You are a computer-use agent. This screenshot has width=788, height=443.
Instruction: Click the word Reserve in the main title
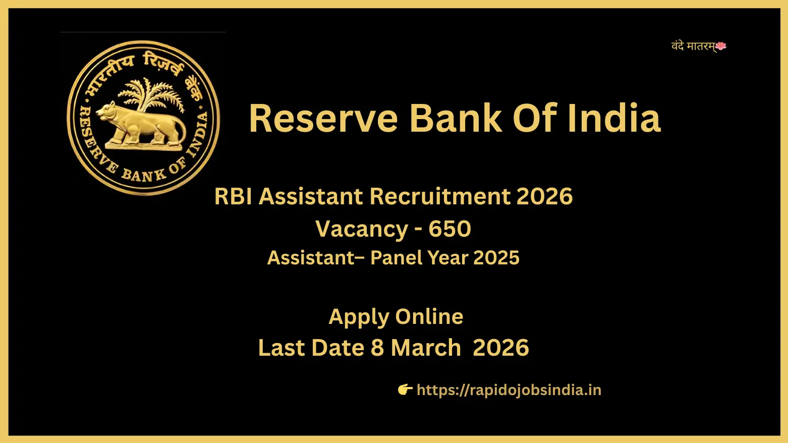tap(323, 119)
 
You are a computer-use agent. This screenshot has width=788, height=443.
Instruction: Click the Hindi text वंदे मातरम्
tap(693, 46)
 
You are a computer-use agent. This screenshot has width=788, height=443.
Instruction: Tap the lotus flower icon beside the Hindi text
tap(721, 46)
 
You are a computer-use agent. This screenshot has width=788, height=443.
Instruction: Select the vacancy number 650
tap(449, 229)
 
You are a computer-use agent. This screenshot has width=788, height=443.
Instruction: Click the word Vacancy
tap(361, 229)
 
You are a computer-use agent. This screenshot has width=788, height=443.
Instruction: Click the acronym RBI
tap(233, 196)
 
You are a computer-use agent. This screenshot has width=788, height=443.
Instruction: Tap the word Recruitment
tap(439, 196)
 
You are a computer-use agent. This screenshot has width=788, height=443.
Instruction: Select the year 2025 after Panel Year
tap(496, 258)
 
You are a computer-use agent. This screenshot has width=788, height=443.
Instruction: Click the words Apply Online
tap(396, 317)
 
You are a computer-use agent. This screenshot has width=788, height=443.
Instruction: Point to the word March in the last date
tap(426, 348)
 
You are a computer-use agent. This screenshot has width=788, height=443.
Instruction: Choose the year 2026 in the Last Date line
tap(500, 348)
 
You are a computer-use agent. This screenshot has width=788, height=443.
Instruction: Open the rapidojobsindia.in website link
tap(509, 390)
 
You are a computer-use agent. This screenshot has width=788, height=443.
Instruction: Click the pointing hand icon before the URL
tap(405, 390)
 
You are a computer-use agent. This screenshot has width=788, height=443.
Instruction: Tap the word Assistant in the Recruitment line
tap(311, 196)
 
